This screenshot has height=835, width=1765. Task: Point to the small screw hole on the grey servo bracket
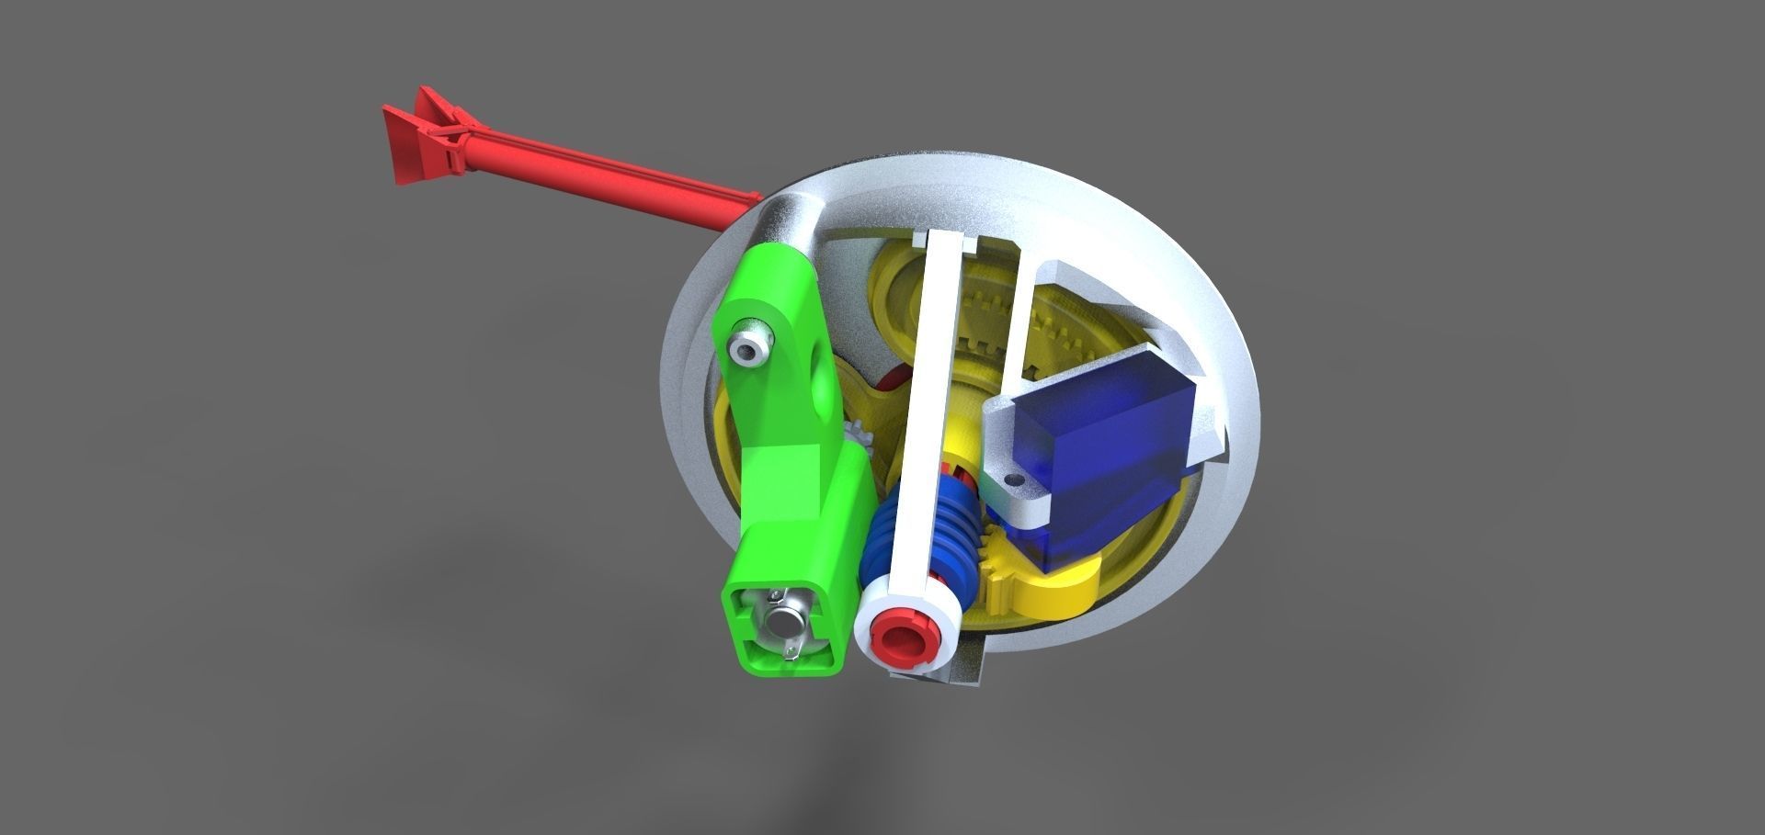(x=1014, y=480)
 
